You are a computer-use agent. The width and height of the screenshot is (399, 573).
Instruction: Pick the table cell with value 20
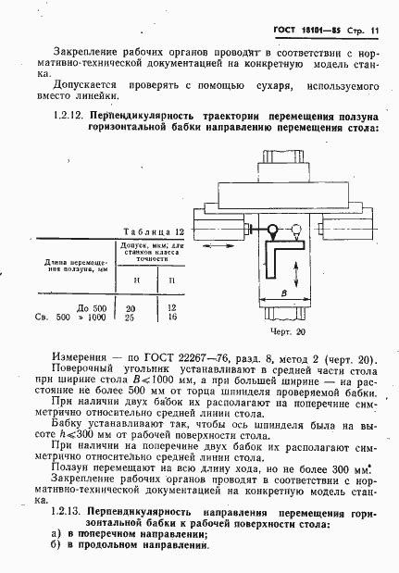tap(131, 306)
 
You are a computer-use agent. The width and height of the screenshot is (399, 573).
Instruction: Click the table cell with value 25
tap(131, 317)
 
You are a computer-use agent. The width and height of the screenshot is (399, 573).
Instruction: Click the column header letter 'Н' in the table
tap(136, 278)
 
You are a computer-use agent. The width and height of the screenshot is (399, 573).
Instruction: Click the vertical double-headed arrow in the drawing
tap(294, 275)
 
